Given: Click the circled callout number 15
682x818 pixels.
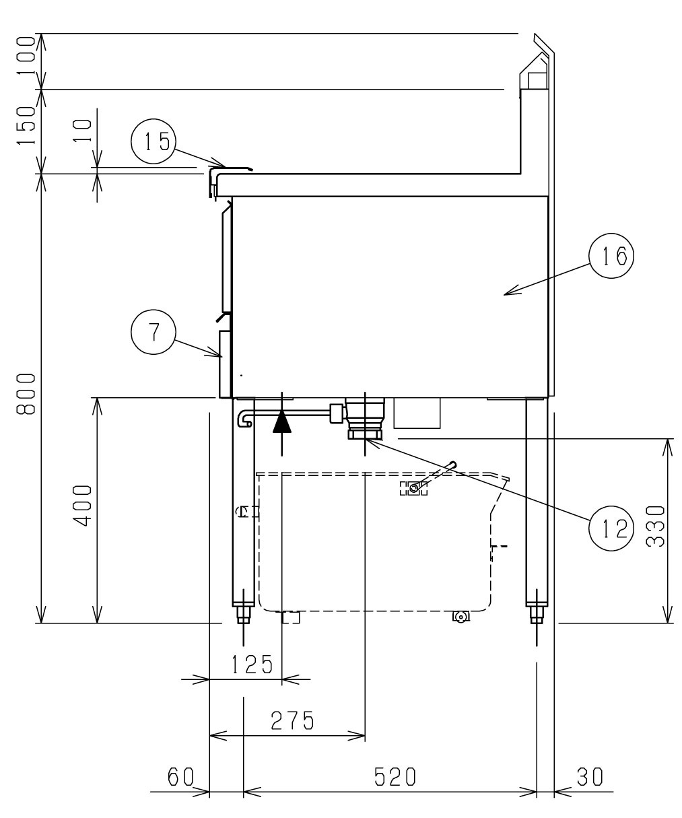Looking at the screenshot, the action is [x=154, y=141].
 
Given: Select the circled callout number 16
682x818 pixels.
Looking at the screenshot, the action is [x=611, y=256].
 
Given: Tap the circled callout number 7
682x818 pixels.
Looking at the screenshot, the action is [x=154, y=332].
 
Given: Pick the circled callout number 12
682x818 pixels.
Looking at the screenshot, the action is [x=611, y=529].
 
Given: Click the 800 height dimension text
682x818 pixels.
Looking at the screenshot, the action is [x=26, y=394].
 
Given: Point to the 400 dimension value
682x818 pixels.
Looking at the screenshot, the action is [x=82, y=506].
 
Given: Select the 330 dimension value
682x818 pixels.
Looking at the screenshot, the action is [x=656, y=526].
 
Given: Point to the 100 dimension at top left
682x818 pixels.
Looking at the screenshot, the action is [x=26, y=56].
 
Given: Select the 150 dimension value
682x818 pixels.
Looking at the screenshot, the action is [x=26, y=125].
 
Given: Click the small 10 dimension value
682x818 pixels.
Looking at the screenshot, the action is [x=82, y=131].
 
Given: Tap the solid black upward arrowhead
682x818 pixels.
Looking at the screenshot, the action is [x=282, y=422].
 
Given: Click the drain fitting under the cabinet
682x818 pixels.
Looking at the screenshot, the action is [x=365, y=418].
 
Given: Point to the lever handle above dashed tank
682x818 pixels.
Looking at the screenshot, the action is [x=434, y=475].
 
